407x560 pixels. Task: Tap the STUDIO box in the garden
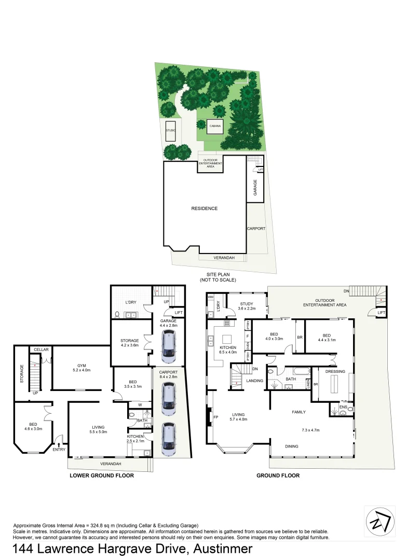(x=170, y=131)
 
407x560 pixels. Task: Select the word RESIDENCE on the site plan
(x=204, y=208)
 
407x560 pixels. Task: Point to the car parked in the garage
(x=168, y=346)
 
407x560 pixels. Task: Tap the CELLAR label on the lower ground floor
(x=41, y=349)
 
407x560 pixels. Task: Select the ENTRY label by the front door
(x=59, y=450)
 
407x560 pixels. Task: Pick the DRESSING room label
(x=335, y=371)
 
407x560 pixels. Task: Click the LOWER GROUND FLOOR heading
(x=102, y=475)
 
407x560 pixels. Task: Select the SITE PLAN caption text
(x=218, y=277)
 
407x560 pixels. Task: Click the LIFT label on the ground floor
(x=381, y=312)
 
